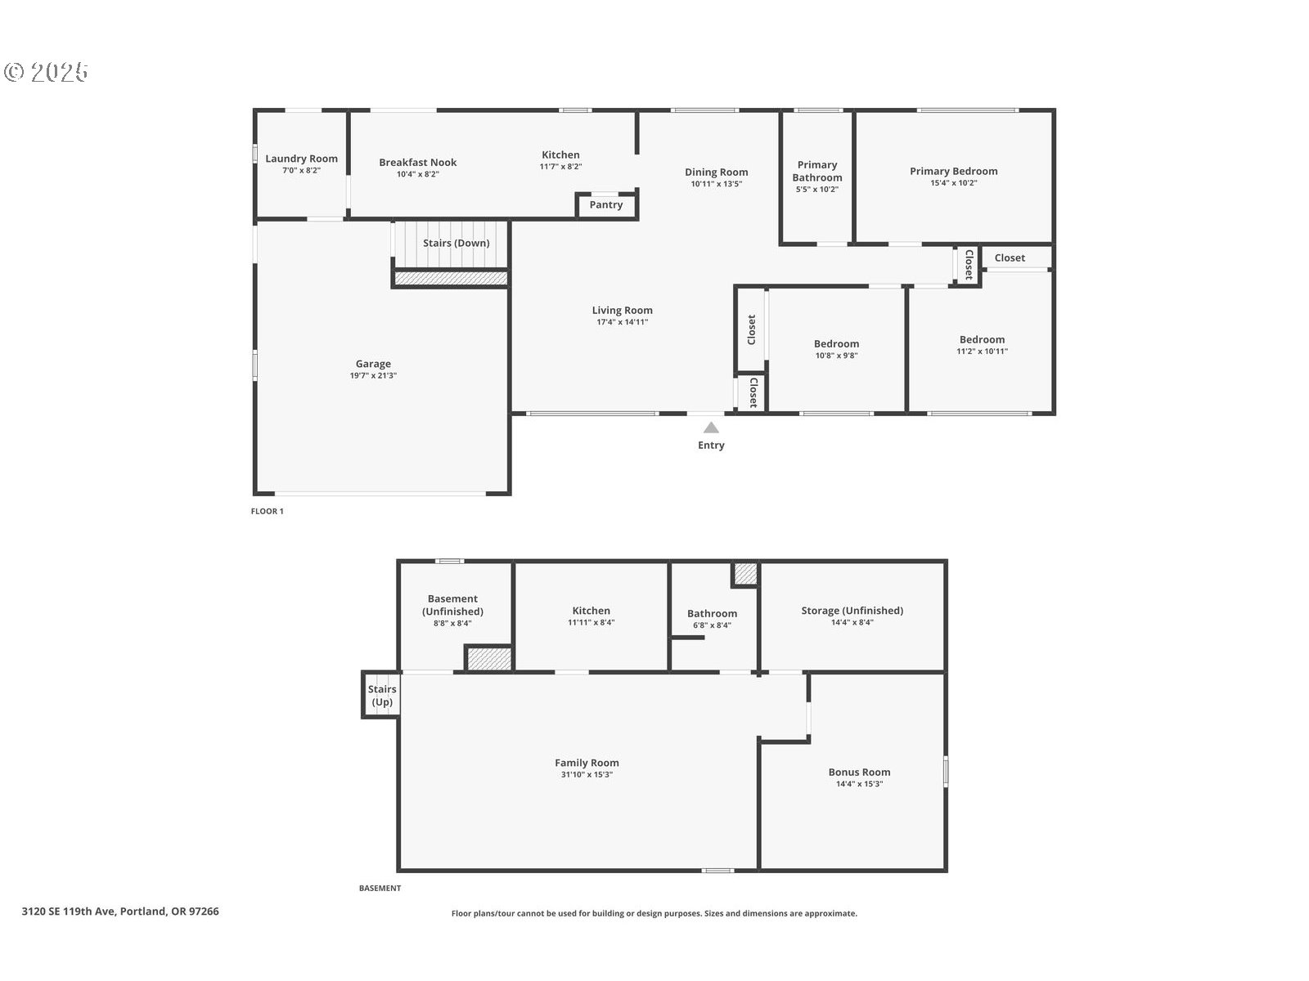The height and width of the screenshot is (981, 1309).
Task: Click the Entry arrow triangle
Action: click(711, 428)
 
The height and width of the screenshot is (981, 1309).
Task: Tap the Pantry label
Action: click(606, 204)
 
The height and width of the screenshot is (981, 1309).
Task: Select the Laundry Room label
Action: click(301, 159)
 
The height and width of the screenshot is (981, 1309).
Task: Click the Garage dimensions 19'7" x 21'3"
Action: click(373, 376)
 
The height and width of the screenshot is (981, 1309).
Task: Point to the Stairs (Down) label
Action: click(456, 243)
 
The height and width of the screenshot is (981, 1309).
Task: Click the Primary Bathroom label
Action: click(816, 171)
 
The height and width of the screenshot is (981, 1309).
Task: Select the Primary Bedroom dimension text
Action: click(953, 183)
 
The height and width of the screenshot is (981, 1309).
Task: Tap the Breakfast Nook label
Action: click(417, 162)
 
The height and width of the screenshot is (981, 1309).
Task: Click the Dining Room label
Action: click(716, 172)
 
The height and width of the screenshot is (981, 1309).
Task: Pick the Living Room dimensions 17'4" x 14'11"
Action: click(622, 322)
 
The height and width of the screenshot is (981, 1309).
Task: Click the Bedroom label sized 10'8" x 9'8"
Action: click(836, 343)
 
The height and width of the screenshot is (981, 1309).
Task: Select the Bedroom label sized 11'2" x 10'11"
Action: click(982, 339)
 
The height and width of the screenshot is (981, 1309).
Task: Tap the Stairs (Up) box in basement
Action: click(381, 695)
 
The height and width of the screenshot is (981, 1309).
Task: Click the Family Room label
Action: click(587, 763)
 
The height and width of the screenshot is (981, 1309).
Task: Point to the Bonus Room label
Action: click(859, 772)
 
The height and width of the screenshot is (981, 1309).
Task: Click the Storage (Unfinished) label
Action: click(852, 610)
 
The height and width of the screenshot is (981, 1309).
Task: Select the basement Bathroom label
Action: click(712, 613)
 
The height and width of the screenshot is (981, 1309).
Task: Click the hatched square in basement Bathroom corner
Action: click(744, 574)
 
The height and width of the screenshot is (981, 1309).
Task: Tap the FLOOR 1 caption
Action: click(267, 511)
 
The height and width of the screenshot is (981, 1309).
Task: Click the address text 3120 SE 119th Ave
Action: click(120, 911)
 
